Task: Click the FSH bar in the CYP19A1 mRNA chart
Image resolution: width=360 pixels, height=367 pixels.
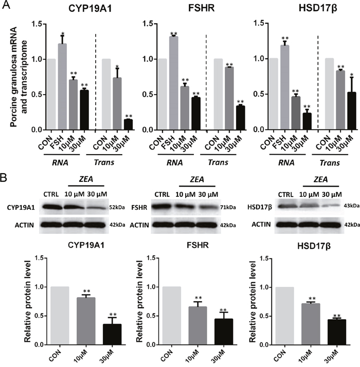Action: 62,86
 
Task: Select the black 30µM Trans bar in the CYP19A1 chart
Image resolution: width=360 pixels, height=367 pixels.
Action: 128,124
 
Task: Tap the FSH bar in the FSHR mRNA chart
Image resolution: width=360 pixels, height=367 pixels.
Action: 173,83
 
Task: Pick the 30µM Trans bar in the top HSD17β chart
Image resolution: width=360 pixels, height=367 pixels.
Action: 352,111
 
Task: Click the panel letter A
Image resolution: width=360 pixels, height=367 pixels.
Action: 6,5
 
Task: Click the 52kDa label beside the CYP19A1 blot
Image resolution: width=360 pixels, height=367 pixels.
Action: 117,207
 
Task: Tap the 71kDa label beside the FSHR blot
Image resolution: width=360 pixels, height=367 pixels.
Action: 228,207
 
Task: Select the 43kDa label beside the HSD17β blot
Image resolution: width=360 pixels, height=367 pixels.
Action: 352,206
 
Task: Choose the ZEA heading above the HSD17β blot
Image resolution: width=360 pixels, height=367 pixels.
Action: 320,179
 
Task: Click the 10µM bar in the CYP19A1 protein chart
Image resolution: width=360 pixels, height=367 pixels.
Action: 86,321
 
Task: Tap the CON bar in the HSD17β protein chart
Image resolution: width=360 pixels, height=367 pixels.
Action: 284,316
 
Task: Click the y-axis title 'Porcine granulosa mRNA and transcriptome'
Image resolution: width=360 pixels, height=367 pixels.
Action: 19,77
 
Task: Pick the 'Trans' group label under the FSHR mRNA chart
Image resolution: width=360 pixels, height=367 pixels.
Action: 218,162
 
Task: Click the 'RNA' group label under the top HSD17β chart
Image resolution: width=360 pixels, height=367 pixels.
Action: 286,163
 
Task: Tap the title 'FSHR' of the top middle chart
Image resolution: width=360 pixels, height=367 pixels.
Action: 202,8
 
